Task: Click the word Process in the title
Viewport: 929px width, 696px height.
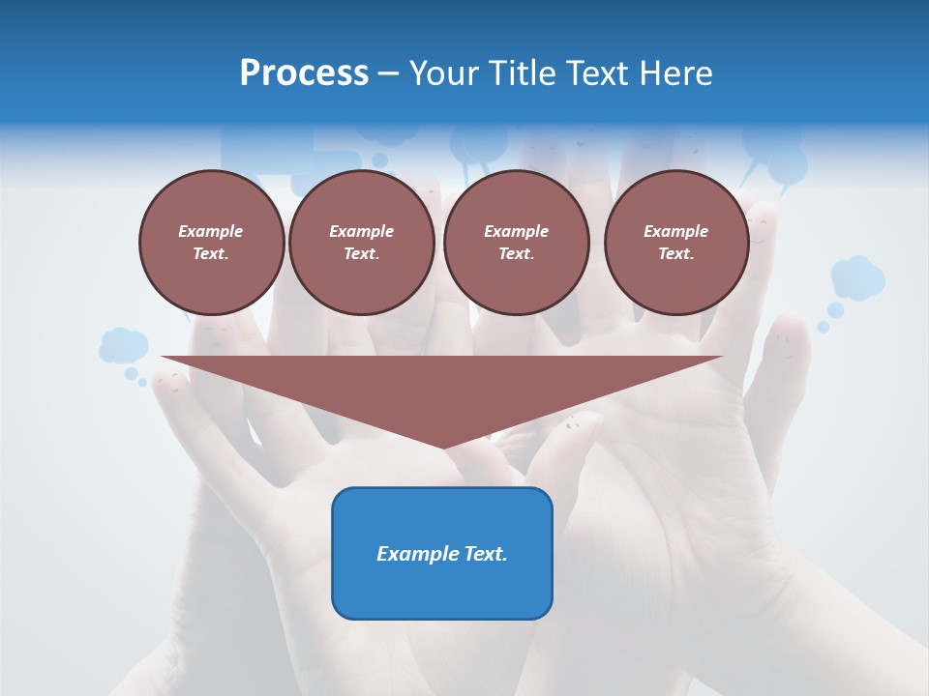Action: pos(304,73)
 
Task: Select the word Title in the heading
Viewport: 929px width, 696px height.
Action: pos(523,73)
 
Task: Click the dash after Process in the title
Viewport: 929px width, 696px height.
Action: pos(389,74)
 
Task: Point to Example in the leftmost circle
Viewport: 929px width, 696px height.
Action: pos(211,231)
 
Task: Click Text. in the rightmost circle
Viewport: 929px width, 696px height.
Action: pos(676,253)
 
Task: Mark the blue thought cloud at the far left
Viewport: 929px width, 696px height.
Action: pos(123,345)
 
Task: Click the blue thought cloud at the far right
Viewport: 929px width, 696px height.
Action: pos(858,277)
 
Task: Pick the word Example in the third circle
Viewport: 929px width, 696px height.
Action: pos(516,231)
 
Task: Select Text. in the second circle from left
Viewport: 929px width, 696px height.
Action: pos(362,253)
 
